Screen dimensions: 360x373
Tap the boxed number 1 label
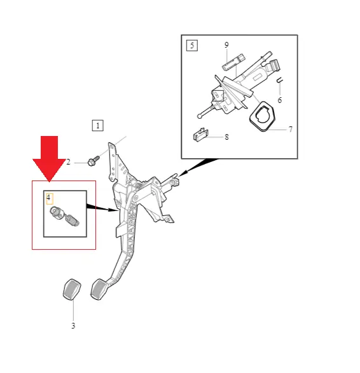click(x=97, y=126)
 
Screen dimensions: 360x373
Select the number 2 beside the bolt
click(x=68, y=162)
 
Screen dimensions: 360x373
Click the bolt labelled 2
click(x=93, y=161)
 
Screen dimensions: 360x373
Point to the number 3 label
click(x=73, y=326)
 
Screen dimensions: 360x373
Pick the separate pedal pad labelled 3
click(x=72, y=290)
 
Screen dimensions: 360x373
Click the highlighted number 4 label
click(x=49, y=198)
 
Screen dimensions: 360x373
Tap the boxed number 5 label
click(x=192, y=45)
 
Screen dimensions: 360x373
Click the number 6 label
click(x=280, y=100)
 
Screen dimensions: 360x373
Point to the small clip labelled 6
click(x=279, y=81)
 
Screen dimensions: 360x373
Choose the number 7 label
click(x=291, y=130)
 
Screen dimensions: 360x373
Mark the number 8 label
click(x=226, y=137)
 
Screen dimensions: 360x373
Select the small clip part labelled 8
click(x=200, y=135)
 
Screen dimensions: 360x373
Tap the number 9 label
click(x=226, y=45)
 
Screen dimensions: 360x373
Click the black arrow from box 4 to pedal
click(x=102, y=208)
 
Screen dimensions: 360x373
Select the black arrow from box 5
click(x=198, y=167)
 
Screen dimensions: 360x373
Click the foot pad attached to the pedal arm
click(x=99, y=289)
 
